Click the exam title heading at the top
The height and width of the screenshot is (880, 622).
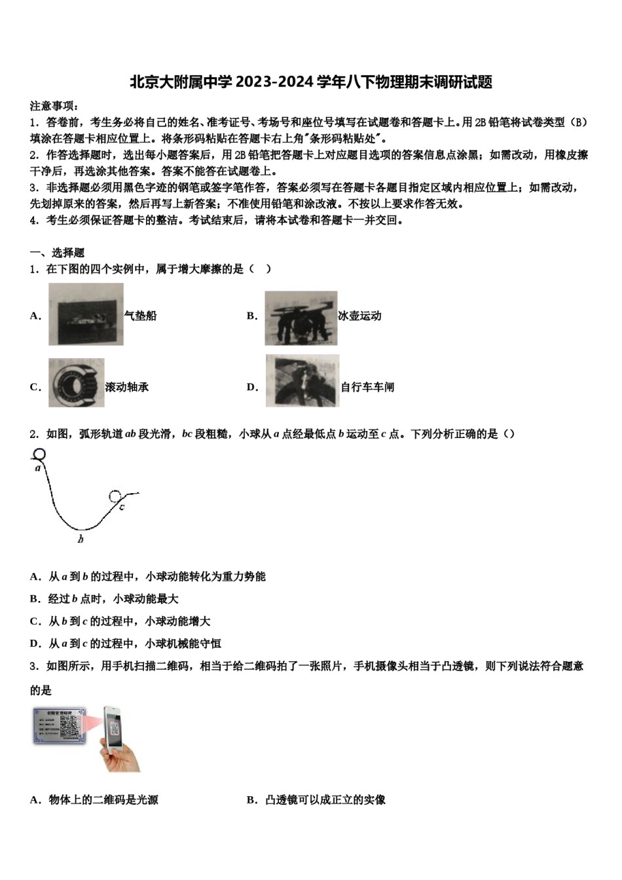(311, 82)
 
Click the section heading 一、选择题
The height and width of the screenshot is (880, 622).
(57, 253)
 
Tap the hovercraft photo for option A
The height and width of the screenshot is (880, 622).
(86, 314)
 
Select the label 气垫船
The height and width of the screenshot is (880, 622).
(141, 316)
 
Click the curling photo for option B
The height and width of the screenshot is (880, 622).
(301, 318)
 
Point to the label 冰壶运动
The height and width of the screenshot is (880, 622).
(359, 316)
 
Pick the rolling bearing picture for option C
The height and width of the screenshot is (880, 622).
(76, 383)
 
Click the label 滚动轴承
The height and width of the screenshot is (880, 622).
(127, 387)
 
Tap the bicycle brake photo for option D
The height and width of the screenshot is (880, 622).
(302, 380)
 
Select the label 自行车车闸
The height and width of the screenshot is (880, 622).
(367, 387)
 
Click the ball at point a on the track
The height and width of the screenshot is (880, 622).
(40, 454)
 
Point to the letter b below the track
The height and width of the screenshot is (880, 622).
(81, 540)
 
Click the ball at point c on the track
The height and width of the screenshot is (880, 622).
(116, 497)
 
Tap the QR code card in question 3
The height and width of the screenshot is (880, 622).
(60, 725)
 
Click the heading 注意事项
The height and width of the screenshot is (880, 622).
(54, 106)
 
